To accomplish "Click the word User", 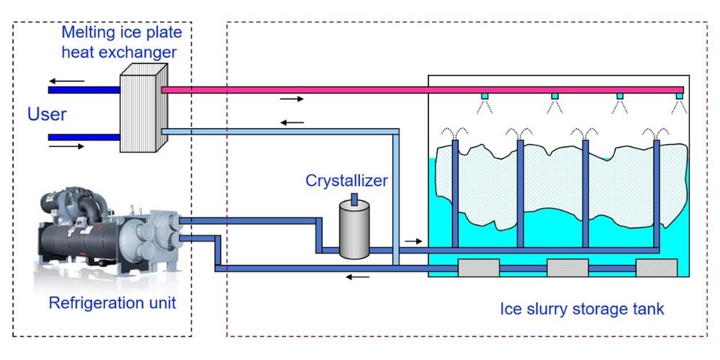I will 47,114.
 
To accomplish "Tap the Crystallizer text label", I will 346,180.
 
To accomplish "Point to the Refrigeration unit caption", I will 112,302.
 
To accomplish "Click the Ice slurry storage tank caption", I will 582,310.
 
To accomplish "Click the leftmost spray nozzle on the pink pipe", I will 485,96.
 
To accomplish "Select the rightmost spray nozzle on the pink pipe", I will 678,96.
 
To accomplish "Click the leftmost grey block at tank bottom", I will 479,268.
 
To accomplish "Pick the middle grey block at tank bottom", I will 567,268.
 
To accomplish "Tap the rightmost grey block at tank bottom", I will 656,268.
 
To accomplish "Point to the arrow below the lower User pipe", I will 67,146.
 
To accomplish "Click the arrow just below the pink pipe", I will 292,99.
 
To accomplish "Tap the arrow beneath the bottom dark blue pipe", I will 358,276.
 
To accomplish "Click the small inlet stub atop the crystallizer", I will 354,198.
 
